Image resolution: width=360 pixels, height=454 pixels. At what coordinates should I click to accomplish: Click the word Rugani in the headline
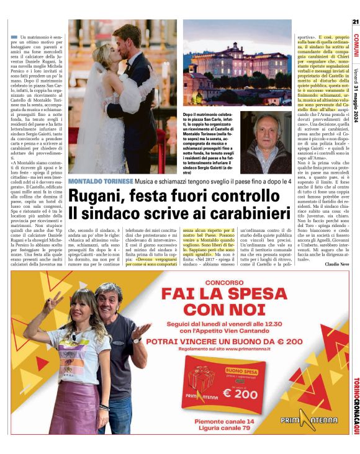coord(100,195)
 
